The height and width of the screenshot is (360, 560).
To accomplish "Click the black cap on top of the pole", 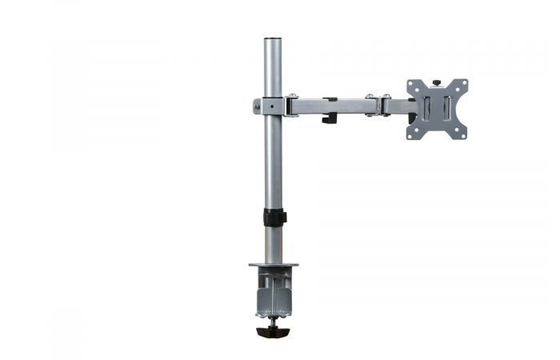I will point(274,38).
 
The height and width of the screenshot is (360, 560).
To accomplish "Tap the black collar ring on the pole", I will point(274,217).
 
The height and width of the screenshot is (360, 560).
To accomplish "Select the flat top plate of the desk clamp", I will point(274,265).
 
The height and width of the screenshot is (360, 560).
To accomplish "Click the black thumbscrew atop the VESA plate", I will point(436,82).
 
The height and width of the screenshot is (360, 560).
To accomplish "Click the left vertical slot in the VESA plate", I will point(426,109).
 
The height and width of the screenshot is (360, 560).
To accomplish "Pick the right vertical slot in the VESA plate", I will point(446,109).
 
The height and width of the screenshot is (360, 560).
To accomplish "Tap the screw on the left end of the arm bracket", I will point(257,106).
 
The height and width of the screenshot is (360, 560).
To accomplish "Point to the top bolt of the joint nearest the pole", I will point(294,97).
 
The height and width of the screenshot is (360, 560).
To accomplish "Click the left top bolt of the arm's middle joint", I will point(370,97).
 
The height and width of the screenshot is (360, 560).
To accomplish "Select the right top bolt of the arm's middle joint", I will point(386,97).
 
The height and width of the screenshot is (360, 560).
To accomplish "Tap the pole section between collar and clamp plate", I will point(274,244).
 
